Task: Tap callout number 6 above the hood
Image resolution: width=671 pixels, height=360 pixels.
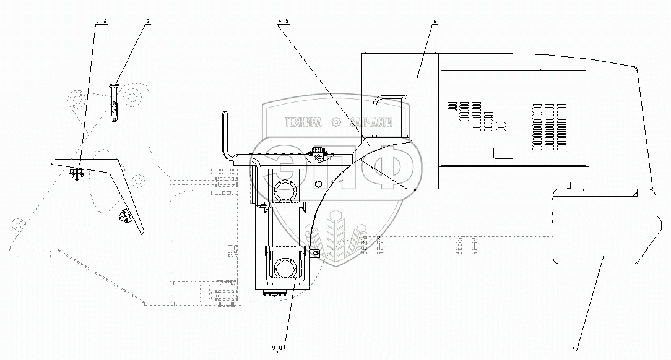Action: click(x=435, y=22)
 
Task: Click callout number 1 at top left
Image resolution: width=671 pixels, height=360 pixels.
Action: click(x=98, y=22)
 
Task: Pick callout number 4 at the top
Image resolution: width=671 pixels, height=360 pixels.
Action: click(x=280, y=22)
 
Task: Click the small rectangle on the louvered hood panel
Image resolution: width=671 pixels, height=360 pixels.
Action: click(x=502, y=153)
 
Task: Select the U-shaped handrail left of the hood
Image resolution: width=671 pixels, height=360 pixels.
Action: click(x=392, y=116)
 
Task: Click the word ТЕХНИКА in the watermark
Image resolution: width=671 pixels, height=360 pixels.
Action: click(x=303, y=123)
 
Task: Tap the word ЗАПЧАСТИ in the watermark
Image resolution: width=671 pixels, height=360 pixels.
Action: click(x=371, y=123)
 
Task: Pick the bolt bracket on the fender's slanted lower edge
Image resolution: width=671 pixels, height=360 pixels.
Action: click(x=126, y=217)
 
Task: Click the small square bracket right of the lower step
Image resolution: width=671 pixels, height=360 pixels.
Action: click(x=315, y=253)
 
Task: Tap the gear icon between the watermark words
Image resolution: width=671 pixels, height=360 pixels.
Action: click(x=337, y=122)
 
